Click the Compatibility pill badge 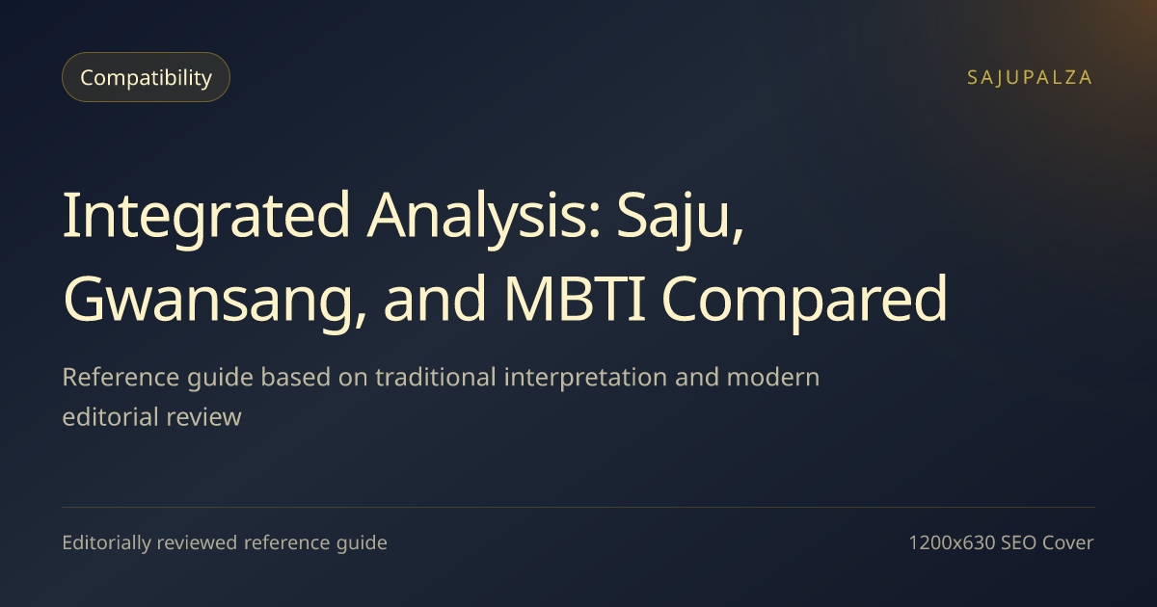click(146, 77)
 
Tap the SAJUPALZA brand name click(1030, 77)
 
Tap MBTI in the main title click(575, 299)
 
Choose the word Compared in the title click(805, 300)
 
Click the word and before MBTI click(435, 299)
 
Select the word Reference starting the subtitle click(121, 377)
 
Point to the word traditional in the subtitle click(436, 377)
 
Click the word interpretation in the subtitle click(585, 378)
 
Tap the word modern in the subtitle click(772, 377)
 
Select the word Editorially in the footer click(106, 543)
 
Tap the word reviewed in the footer click(197, 542)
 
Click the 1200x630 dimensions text click(952, 543)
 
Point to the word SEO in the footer click(1018, 543)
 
